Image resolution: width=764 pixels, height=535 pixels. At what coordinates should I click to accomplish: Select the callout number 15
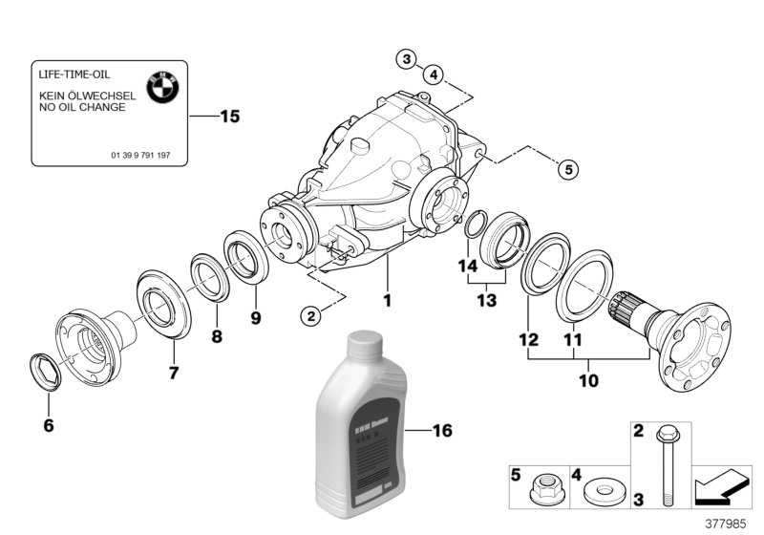pyautogui.click(x=229, y=118)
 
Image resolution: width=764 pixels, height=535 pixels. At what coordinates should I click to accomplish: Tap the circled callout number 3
pyautogui.click(x=406, y=59)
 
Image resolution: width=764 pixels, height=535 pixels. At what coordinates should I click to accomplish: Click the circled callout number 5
pyautogui.click(x=568, y=170)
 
